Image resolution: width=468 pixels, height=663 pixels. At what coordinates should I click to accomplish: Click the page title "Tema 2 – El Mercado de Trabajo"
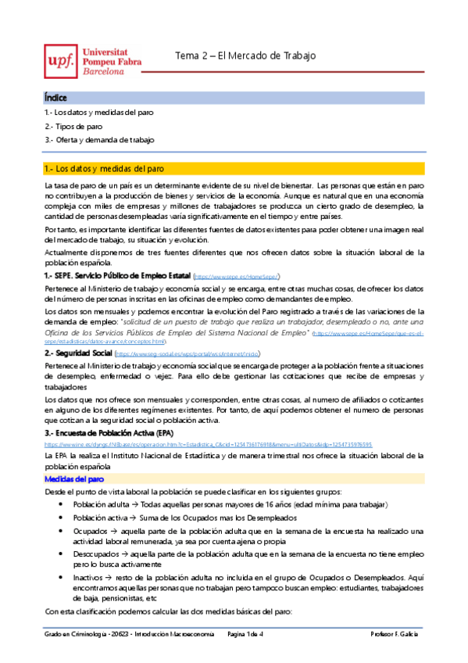tap(245, 56)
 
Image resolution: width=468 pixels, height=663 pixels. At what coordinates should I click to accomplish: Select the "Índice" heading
tap(55, 98)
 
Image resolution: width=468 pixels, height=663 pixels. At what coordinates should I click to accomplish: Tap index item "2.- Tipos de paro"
tap(73, 126)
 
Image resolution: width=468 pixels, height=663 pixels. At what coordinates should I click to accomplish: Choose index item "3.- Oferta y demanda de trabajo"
tap(88, 139)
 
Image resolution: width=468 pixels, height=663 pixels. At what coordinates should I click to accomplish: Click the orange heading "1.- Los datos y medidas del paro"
tap(105, 168)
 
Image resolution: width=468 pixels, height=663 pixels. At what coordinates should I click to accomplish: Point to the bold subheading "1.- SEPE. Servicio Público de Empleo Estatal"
tap(117, 276)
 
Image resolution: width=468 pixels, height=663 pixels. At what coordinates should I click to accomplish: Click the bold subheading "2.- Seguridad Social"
tap(78, 353)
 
